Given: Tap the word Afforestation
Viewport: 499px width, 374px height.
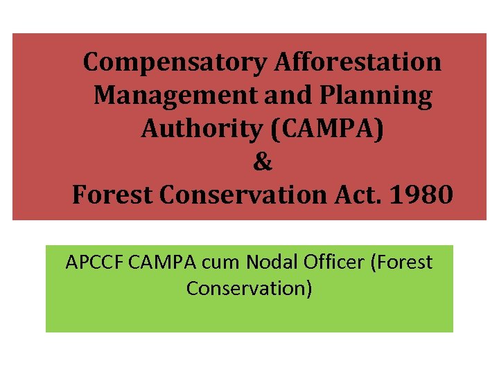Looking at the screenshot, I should click(x=358, y=62).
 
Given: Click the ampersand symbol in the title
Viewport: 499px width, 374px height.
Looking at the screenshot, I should click(x=263, y=162).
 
